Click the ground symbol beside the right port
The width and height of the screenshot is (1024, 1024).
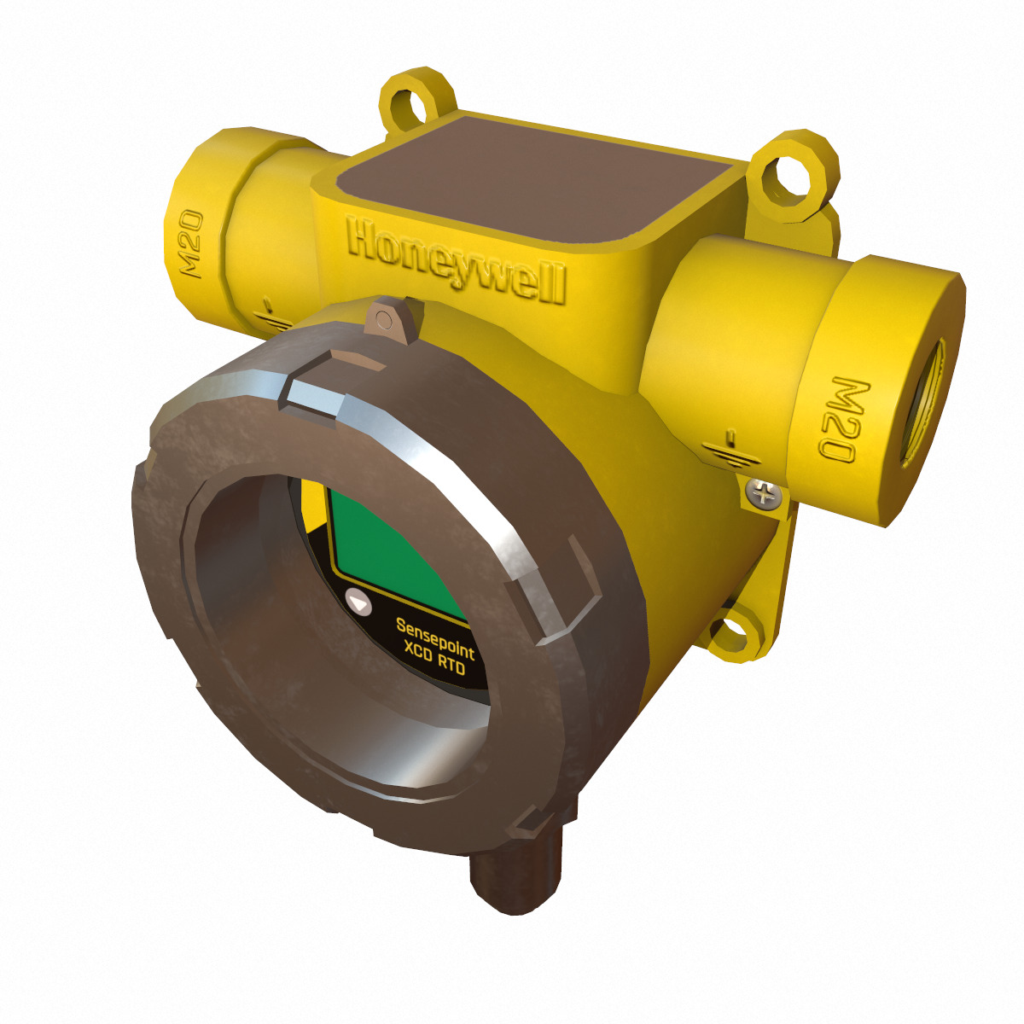pos(731,447)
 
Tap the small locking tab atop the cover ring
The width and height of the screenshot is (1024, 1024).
pos(391,317)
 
